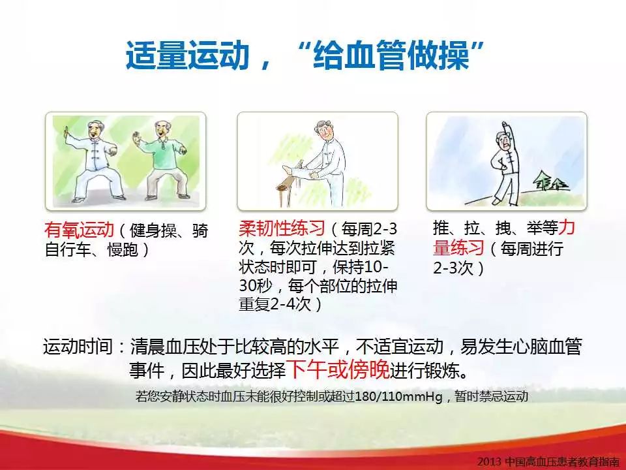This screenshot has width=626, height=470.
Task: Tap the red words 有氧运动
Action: coord(79,230)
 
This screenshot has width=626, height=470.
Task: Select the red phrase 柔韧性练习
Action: coord(282,228)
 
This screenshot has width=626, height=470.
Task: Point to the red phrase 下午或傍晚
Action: coord(338,369)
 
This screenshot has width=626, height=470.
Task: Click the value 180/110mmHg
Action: coord(398,396)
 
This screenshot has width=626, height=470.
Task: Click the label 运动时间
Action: coord(78,347)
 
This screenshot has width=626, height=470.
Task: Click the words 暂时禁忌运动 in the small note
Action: coord(492,396)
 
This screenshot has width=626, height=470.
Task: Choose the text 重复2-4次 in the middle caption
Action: coord(275,305)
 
